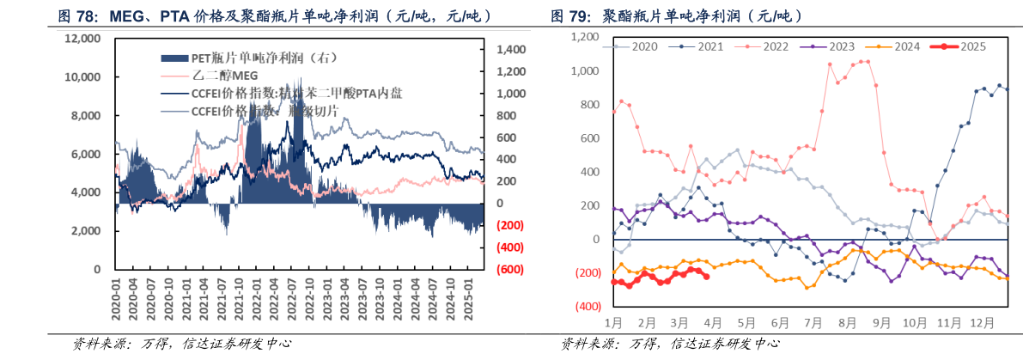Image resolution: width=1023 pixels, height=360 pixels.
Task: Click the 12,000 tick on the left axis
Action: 82,39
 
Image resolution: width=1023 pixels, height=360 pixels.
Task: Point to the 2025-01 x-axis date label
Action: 468,299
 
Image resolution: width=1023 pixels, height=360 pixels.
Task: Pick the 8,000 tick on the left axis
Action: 86,115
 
